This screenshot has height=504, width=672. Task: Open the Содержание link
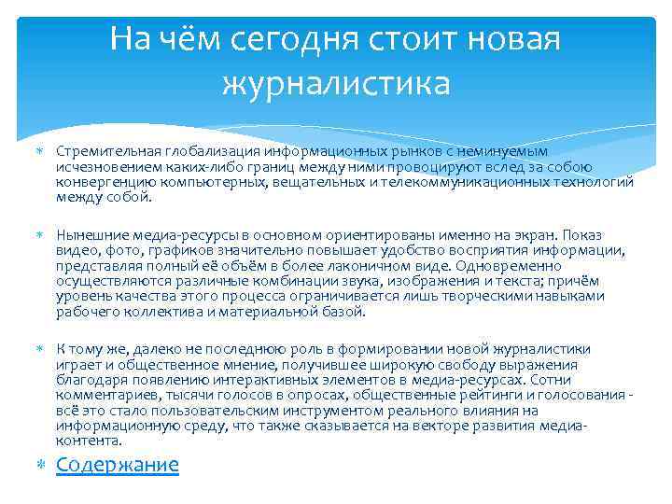118,465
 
